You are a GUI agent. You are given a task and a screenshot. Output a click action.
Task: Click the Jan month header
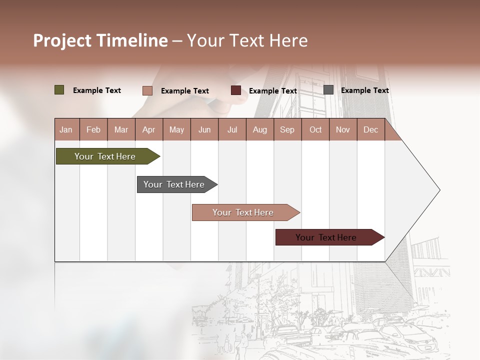tap(66, 129)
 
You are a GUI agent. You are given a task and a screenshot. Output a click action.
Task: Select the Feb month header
tap(93, 129)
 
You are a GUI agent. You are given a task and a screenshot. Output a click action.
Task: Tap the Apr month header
tap(148, 129)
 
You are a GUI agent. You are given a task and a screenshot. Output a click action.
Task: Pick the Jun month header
tap(204, 129)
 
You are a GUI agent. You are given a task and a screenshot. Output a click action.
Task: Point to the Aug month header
tap(259, 129)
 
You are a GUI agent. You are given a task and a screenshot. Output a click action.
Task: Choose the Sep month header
tap(287, 129)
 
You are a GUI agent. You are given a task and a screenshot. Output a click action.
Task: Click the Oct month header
tap(315, 129)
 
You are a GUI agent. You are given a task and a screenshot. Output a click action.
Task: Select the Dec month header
tap(370, 129)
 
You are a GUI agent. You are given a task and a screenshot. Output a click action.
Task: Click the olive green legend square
tap(59, 90)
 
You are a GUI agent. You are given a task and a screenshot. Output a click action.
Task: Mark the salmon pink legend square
tap(147, 90)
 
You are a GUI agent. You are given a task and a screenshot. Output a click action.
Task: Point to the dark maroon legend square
tap(235, 90)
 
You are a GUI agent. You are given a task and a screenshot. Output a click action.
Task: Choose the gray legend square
tap(328, 90)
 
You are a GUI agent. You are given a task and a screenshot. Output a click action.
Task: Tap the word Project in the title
tap(62, 40)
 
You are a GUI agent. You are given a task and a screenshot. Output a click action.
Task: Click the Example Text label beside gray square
tap(364, 90)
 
